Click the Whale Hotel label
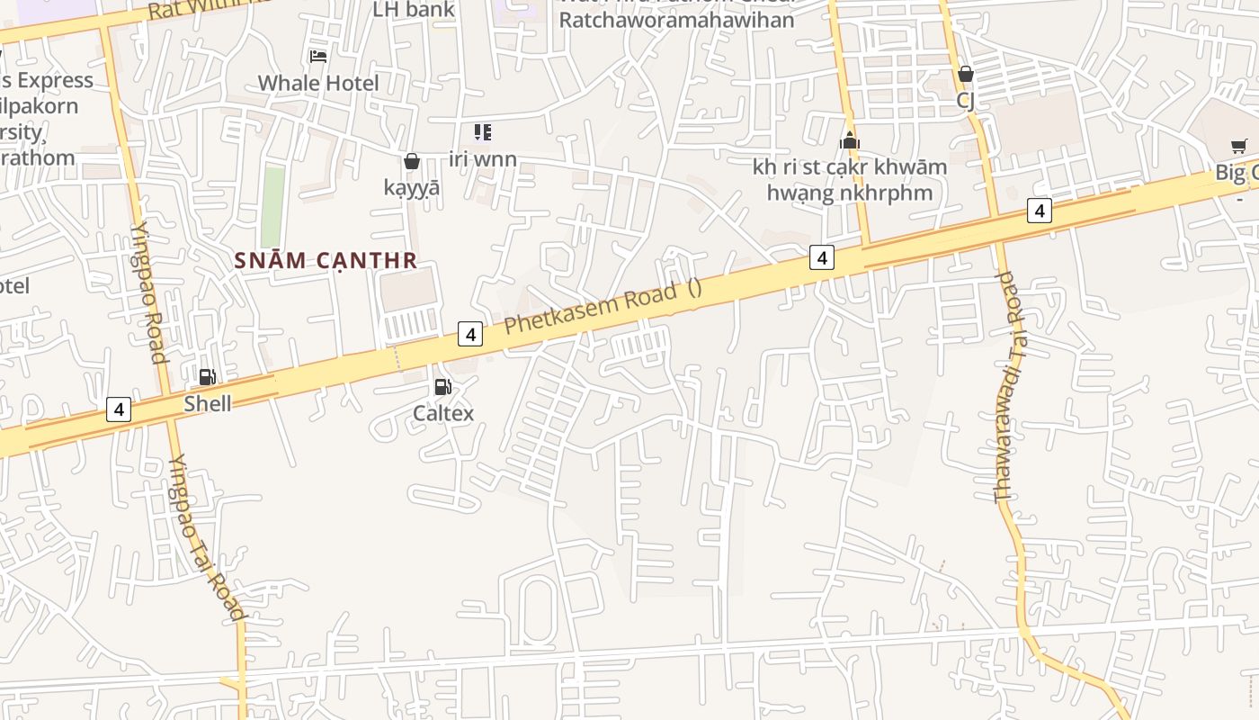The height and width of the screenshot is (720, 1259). tap(318, 83)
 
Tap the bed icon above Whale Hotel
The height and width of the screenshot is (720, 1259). tap(318, 57)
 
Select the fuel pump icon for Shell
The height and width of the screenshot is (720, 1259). tap(207, 377)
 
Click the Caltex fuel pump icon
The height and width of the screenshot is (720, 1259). tap(442, 387)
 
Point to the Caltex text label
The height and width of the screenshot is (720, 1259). tap(442, 413)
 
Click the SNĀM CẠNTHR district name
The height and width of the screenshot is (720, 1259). tap(326, 261)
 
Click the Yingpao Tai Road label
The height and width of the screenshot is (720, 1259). tap(206, 537)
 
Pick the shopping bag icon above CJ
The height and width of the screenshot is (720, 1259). tap(965, 74)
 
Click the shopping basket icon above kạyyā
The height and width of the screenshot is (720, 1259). tap(412, 161)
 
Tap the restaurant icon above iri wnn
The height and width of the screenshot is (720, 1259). tap(483, 132)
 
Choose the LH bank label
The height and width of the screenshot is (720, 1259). tap(414, 10)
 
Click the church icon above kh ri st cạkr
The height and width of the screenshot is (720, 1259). tap(849, 141)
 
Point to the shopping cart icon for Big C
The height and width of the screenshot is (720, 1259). tap(1238, 147)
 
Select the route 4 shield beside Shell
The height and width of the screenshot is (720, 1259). tap(119, 409)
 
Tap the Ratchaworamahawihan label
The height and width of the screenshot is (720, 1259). tap(677, 20)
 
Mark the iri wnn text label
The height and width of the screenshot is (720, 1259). tap(483, 159)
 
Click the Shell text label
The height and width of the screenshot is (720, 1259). tap(208, 403)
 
